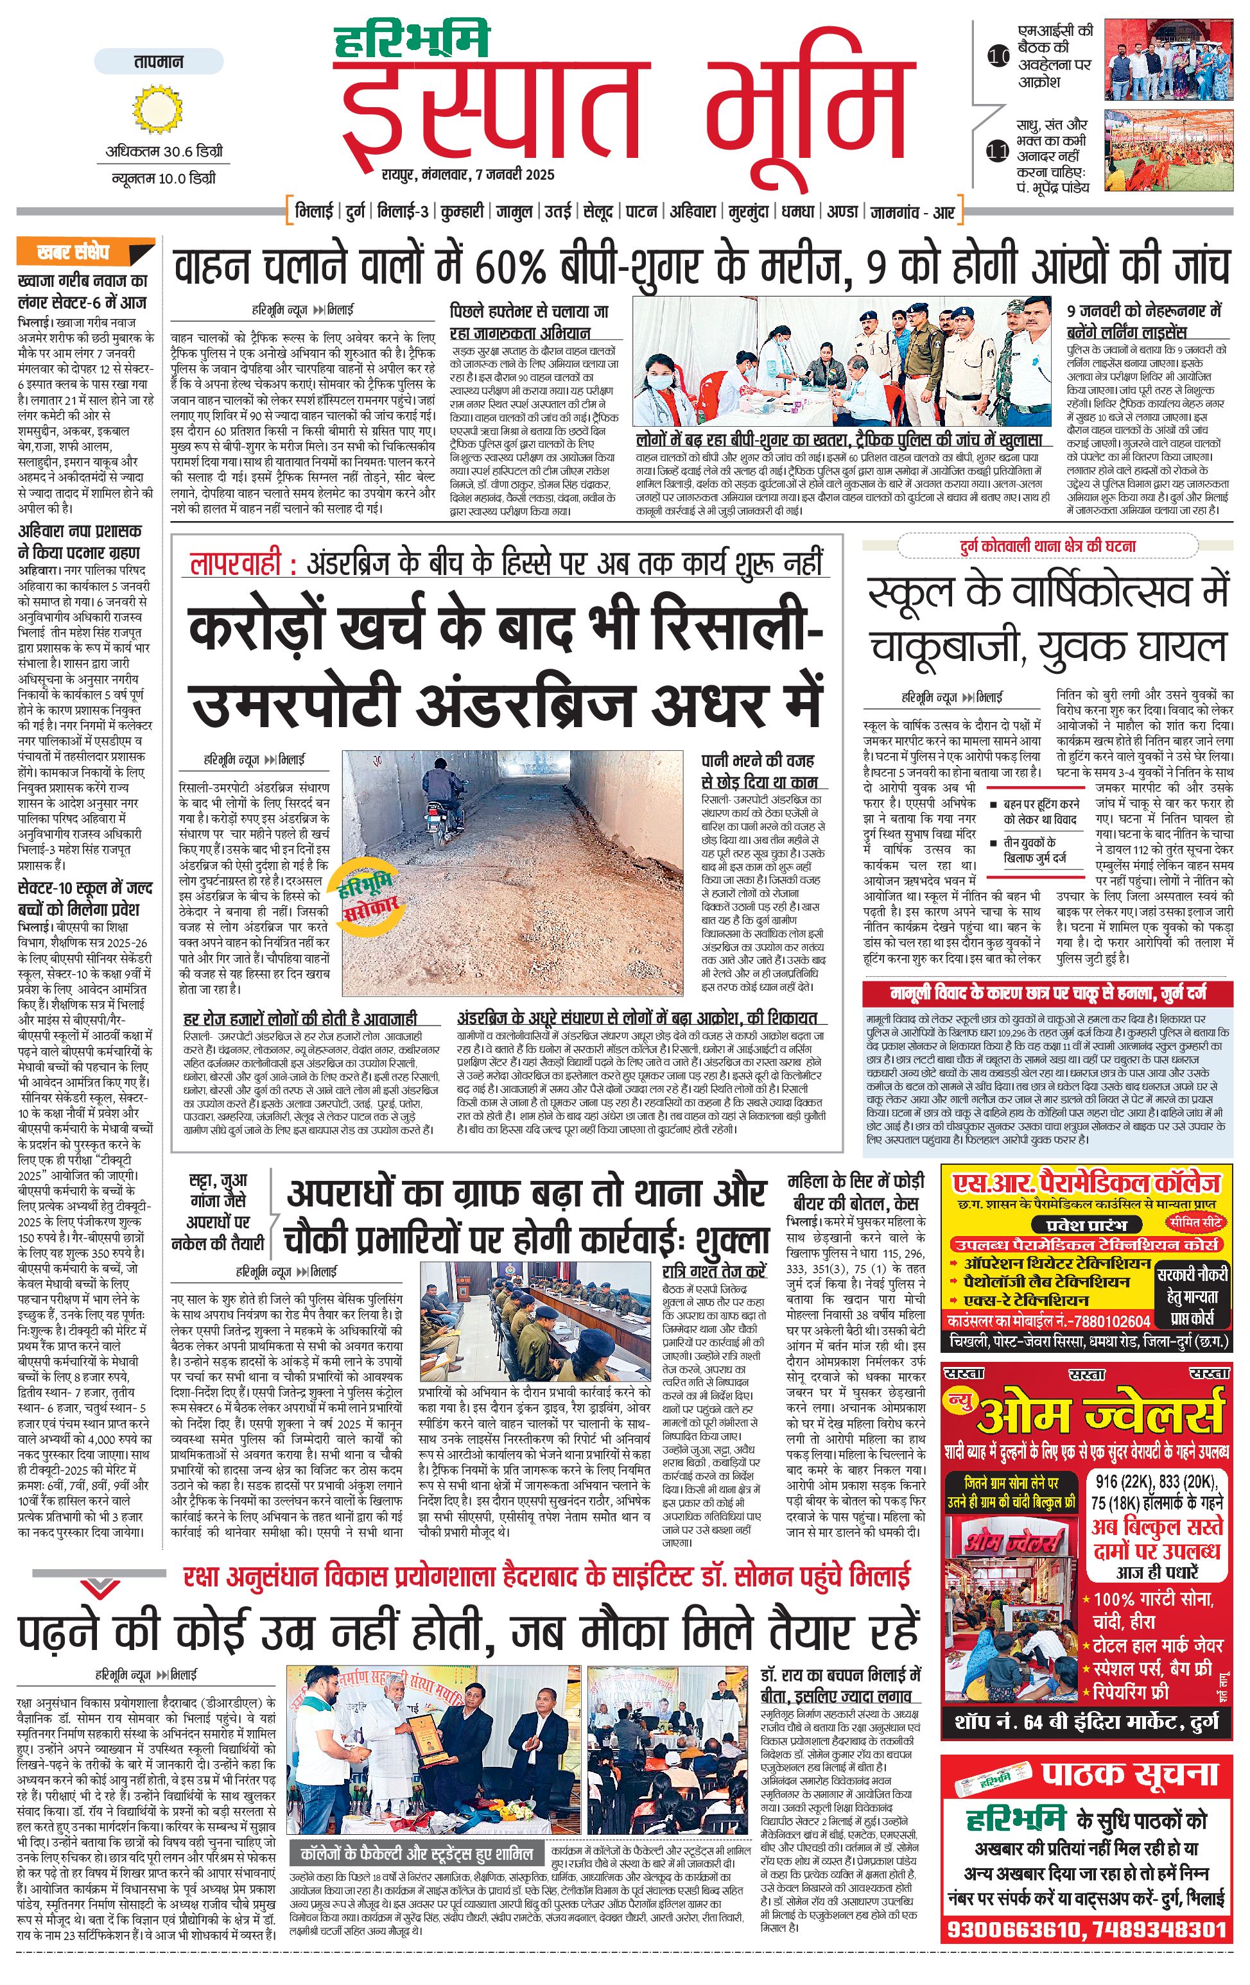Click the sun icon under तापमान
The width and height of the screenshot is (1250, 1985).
[157, 108]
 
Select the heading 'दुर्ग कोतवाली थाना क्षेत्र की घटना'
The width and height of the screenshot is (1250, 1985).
[1047, 546]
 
